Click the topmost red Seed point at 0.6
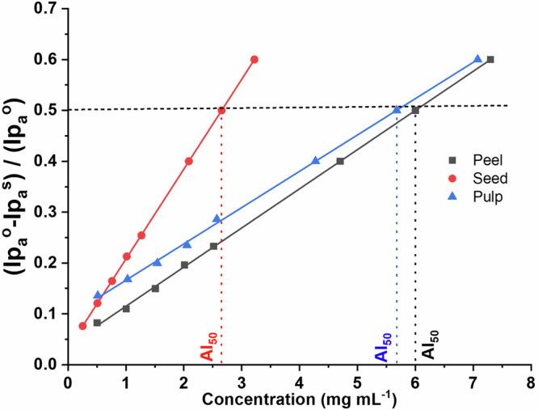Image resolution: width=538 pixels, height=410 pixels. [x=254, y=60]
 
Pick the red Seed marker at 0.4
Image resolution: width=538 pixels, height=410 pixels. [x=189, y=161]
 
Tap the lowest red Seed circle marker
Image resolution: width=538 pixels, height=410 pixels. [x=82, y=326]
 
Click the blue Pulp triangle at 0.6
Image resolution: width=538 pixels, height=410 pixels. [x=477, y=59]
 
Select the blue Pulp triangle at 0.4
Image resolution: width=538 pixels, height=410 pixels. [x=316, y=160]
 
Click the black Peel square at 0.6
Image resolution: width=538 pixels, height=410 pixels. [x=490, y=60]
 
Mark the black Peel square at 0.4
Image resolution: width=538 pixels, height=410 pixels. [x=340, y=161]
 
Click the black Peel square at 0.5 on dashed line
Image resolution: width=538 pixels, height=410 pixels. [x=415, y=110]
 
